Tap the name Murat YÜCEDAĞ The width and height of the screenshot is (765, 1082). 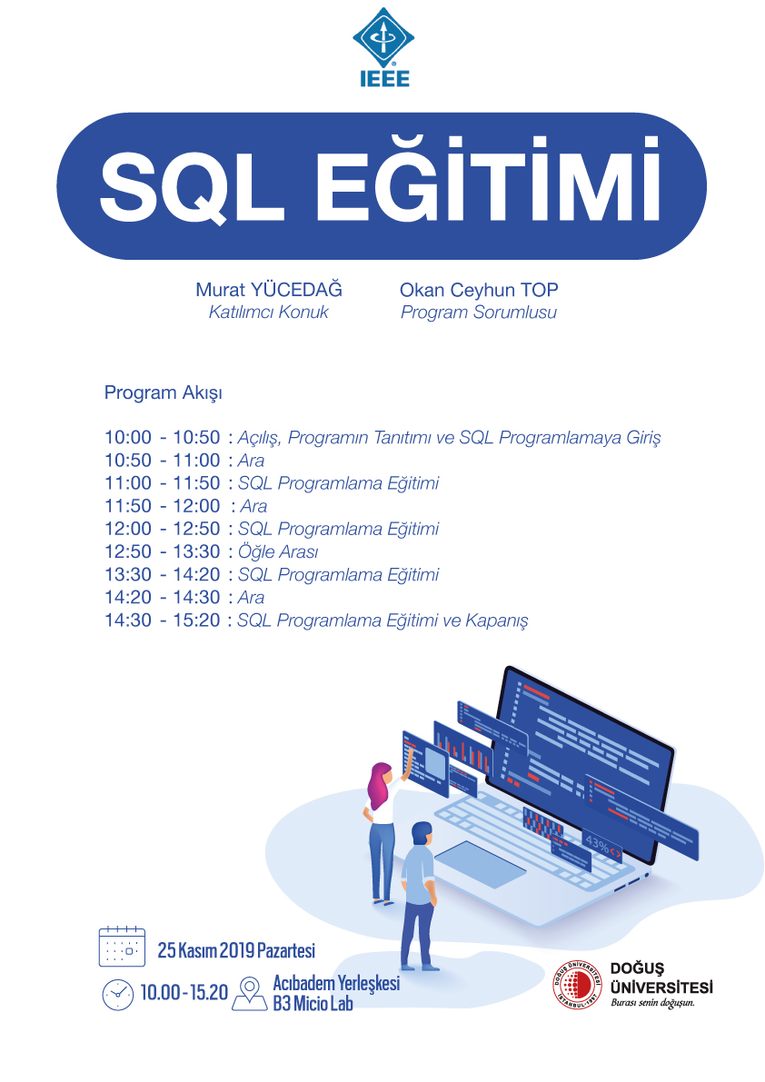click(269, 290)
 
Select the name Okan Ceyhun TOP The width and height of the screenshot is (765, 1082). click(479, 290)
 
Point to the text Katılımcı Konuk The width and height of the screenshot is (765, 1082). click(268, 313)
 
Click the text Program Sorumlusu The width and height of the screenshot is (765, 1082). click(479, 313)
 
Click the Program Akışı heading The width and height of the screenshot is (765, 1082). click(164, 393)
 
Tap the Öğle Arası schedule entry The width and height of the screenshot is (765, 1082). click(278, 552)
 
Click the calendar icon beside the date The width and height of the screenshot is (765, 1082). click(122, 947)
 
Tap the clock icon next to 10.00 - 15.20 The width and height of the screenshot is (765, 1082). click(117, 994)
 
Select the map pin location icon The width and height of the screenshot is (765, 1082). click(249, 994)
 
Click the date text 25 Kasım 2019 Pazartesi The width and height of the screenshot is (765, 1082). click(236, 951)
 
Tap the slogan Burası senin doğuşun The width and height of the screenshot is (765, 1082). click(652, 1004)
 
